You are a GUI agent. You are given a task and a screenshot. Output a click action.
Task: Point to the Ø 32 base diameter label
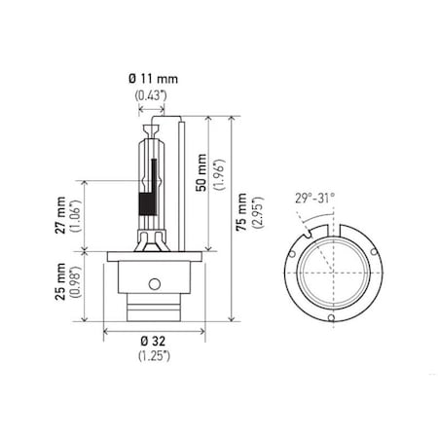click(154, 341)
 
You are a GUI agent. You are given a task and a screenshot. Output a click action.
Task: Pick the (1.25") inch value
click(154, 355)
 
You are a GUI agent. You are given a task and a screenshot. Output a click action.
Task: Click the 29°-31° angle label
click(314, 198)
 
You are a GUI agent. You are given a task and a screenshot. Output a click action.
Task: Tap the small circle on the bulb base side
click(153, 283)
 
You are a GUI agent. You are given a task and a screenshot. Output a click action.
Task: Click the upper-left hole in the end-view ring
click(291, 248)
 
